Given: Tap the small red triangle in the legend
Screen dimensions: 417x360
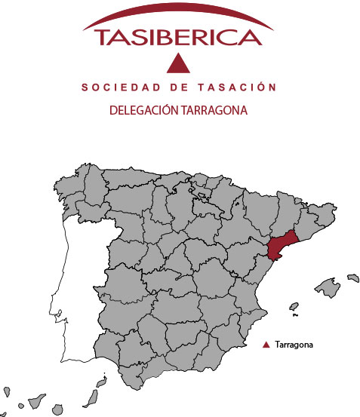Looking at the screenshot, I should [266, 345].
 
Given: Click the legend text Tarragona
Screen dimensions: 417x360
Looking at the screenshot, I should [294, 345].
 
